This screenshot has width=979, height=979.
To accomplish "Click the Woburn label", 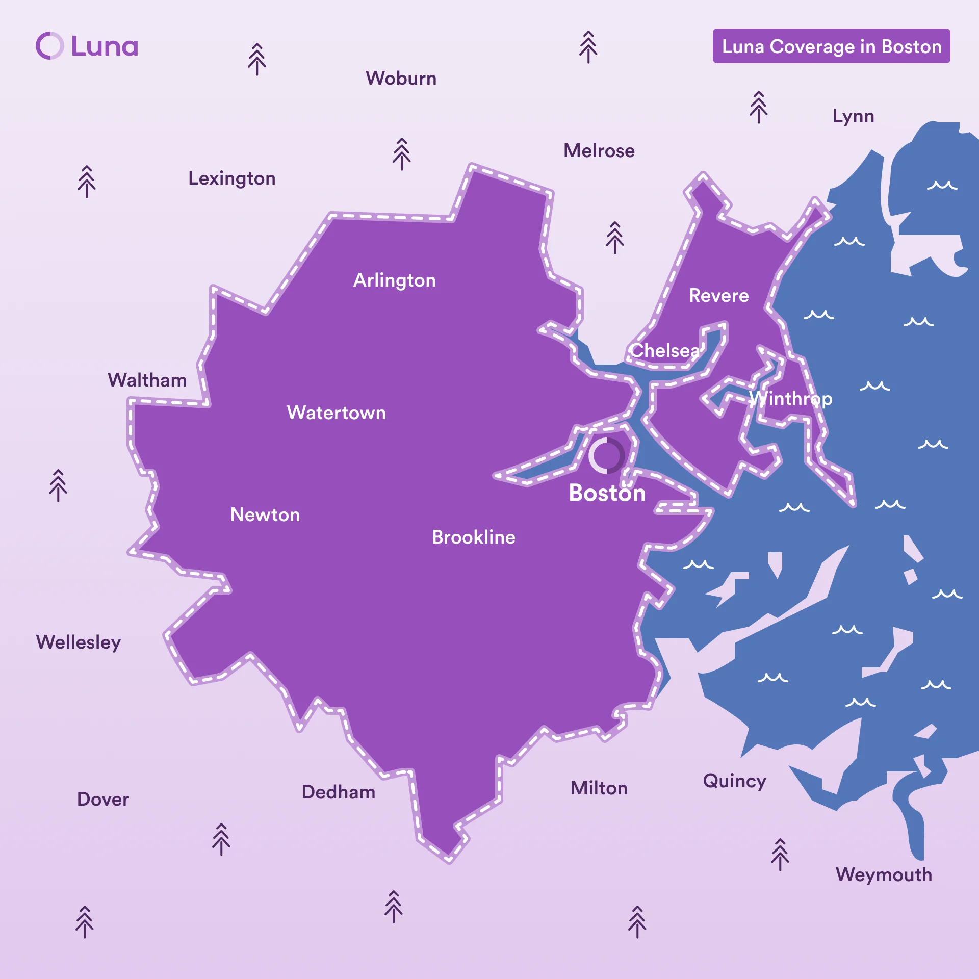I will click(401, 79).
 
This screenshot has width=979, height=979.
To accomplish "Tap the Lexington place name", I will click(232, 178).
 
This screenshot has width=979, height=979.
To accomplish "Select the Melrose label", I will click(599, 151).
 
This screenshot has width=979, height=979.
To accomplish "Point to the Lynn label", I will click(853, 116).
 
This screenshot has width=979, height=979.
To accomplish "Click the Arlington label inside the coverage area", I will click(395, 280).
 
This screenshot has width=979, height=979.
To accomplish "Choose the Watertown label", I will click(337, 413).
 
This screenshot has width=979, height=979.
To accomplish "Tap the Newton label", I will click(265, 515).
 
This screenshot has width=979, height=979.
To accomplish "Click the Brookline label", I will click(474, 537).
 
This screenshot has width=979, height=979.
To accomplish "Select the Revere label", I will click(719, 296).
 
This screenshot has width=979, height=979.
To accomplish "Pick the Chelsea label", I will click(665, 351).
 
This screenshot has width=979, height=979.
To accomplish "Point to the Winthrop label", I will click(790, 399).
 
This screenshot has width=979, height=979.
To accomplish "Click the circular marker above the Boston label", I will click(606, 455).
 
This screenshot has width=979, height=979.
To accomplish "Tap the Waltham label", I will click(147, 380).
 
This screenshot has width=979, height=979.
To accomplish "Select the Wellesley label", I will click(79, 642).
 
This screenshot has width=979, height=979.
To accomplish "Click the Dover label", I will click(103, 800).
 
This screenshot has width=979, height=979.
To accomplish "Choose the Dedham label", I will click(339, 792).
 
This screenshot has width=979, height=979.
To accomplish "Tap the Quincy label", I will click(734, 781).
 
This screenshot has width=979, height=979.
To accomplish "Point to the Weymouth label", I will click(884, 875).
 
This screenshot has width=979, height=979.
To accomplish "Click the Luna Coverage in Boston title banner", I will click(831, 46).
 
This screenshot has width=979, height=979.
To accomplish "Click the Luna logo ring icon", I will click(50, 46).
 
